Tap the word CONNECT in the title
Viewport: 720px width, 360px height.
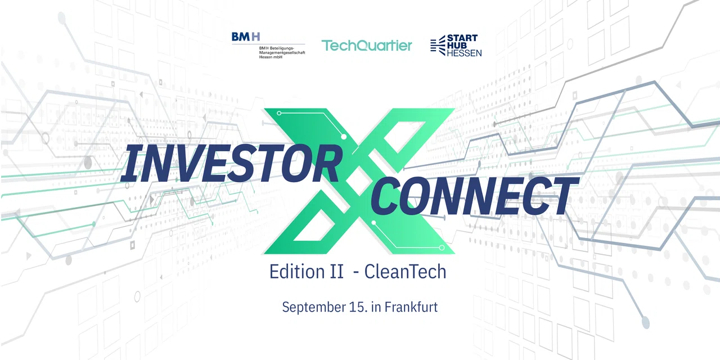point(475,196)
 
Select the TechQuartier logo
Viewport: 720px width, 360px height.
point(366,46)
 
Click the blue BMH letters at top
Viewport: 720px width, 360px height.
point(246,37)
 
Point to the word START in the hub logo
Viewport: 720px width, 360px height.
point(462,38)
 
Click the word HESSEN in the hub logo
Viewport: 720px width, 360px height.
point(464,53)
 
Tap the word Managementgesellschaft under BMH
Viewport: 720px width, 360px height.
point(282,52)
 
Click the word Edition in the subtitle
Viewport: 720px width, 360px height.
point(296,272)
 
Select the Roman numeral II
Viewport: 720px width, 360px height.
point(336,272)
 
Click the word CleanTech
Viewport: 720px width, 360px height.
point(405,272)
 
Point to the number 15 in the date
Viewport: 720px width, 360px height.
point(357,307)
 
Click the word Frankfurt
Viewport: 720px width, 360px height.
point(411,307)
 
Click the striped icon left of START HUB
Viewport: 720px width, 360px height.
point(438,46)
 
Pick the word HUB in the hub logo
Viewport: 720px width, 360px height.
point(457,46)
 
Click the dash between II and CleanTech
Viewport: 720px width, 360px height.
point(356,273)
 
